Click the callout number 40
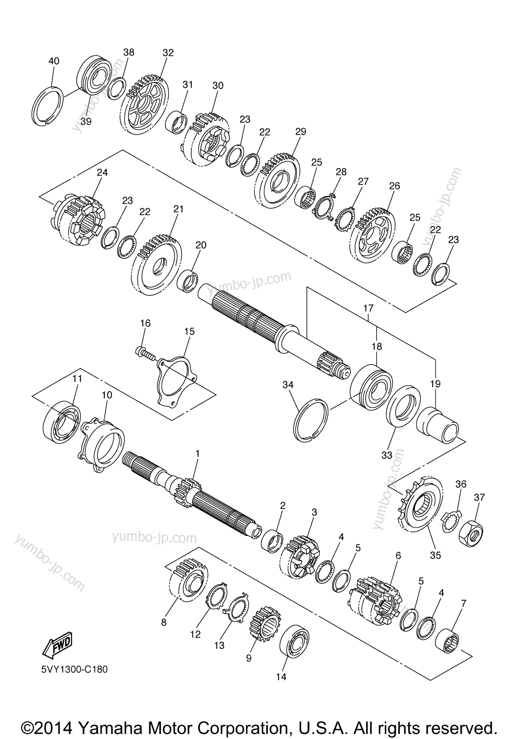click(54, 61)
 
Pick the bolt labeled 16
click(144, 353)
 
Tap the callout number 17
click(368, 308)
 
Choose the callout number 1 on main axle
click(198, 454)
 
